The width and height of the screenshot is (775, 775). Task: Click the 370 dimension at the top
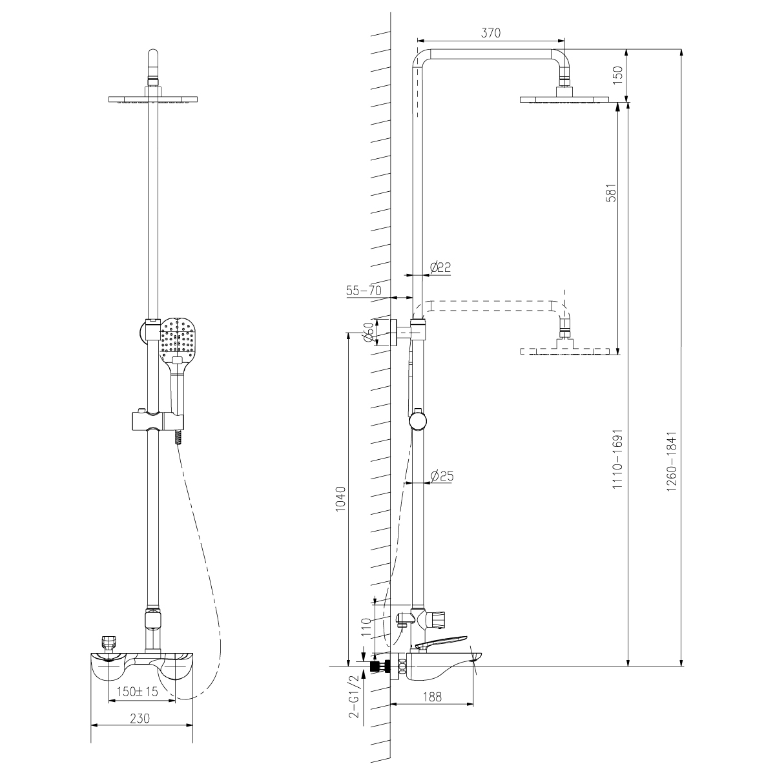(x=491, y=34)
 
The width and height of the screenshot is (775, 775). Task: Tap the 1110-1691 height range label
(x=617, y=459)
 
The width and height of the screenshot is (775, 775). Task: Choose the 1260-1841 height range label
(x=672, y=459)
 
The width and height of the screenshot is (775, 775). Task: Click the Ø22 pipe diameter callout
(x=442, y=267)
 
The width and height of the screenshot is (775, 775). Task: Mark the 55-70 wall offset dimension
(x=364, y=291)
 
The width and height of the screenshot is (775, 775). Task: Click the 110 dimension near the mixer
(x=366, y=627)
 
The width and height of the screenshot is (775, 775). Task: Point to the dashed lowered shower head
(x=564, y=351)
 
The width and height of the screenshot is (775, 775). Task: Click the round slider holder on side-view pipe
(x=418, y=420)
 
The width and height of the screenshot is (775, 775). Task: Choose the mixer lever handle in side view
(x=440, y=642)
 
